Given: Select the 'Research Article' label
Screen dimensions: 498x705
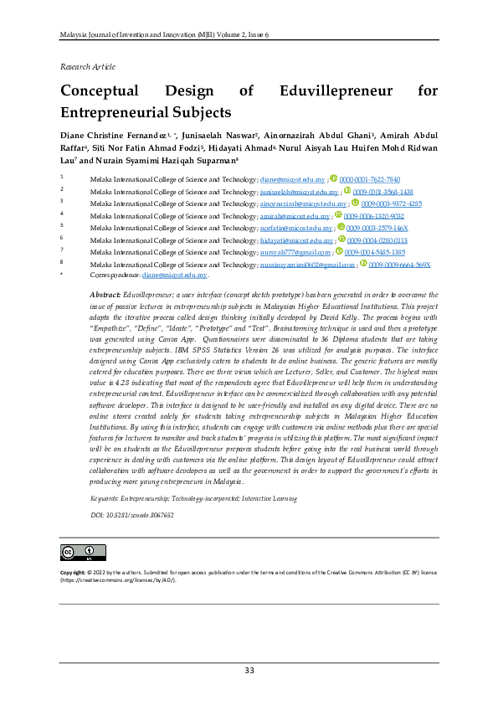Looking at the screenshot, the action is pyautogui.click(x=88, y=66).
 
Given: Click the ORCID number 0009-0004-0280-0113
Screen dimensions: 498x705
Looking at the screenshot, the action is pyautogui.click(x=377, y=240).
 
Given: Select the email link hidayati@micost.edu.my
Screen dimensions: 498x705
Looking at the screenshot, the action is pyautogui.click(x=296, y=240).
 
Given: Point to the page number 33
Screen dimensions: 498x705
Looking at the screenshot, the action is pyautogui.click(x=249, y=671).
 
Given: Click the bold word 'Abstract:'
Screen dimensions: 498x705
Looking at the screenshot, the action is pyautogui.click(x=105, y=296).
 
